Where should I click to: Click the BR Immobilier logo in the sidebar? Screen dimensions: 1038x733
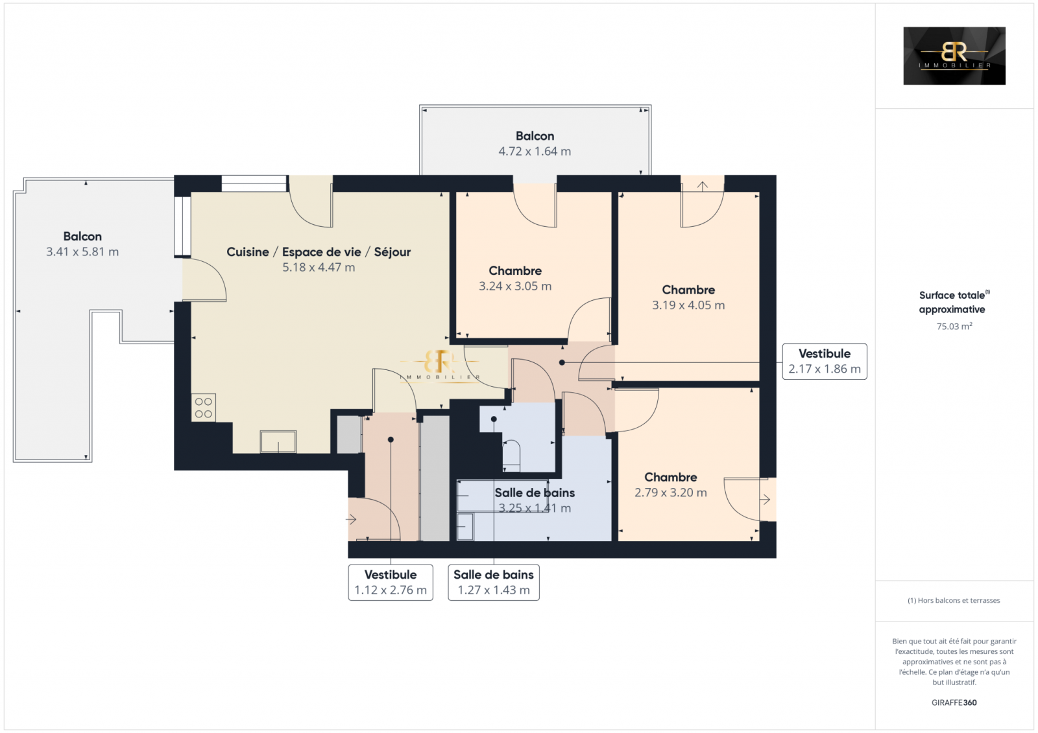(x=954, y=56)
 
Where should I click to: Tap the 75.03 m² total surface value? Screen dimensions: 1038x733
(x=954, y=326)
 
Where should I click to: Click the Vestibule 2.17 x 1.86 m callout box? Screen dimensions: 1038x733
(x=825, y=361)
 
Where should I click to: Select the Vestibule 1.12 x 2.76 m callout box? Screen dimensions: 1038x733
(x=391, y=582)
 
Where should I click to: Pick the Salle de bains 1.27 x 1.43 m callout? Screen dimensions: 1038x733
(x=494, y=582)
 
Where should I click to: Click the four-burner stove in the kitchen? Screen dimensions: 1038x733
(x=204, y=408)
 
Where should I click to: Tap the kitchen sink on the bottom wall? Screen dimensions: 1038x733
(x=278, y=441)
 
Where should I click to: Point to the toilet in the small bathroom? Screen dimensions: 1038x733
(x=511, y=455)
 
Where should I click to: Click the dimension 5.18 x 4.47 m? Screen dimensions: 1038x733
(x=319, y=267)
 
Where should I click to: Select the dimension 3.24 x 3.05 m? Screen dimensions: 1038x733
(x=515, y=286)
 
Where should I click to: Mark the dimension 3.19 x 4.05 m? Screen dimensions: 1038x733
(x=688, y=305)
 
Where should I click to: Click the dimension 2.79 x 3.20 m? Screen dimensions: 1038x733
(x=671, y=493)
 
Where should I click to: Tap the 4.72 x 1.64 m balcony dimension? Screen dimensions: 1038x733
(x=535, y=152)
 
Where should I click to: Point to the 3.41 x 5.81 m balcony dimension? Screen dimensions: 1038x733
(x=82, y=252)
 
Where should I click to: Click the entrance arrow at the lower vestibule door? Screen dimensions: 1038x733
(x=351, y=520)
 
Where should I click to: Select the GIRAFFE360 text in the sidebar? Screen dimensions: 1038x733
(x=954, y=703)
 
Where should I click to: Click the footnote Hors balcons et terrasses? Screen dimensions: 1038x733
(x=954, y=600)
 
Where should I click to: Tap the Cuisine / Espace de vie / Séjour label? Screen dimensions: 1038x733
(x=319, y=252)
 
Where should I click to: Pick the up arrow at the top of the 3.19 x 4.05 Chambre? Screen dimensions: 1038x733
(x=703, y=186)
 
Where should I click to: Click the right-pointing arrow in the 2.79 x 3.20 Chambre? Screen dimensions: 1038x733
(x=765, y=500)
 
